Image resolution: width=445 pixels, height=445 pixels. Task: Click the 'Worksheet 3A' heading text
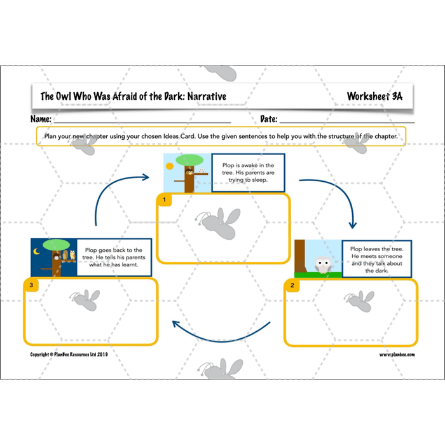(x=374, y=97)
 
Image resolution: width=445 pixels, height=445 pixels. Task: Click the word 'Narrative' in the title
(x=201, y=97)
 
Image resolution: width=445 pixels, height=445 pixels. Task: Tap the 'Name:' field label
(x=41, y=119)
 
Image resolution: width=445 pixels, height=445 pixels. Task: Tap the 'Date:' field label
(x=269, y=119)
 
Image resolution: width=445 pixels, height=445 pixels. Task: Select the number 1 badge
(x=164, y=200)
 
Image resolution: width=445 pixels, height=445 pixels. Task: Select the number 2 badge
(x=292, y=285)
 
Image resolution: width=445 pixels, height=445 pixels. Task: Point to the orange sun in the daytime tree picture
(x=169, y=167)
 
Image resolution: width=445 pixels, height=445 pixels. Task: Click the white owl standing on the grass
(x=322, y=264)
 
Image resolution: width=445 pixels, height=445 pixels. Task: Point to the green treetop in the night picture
(x=58, y=244)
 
